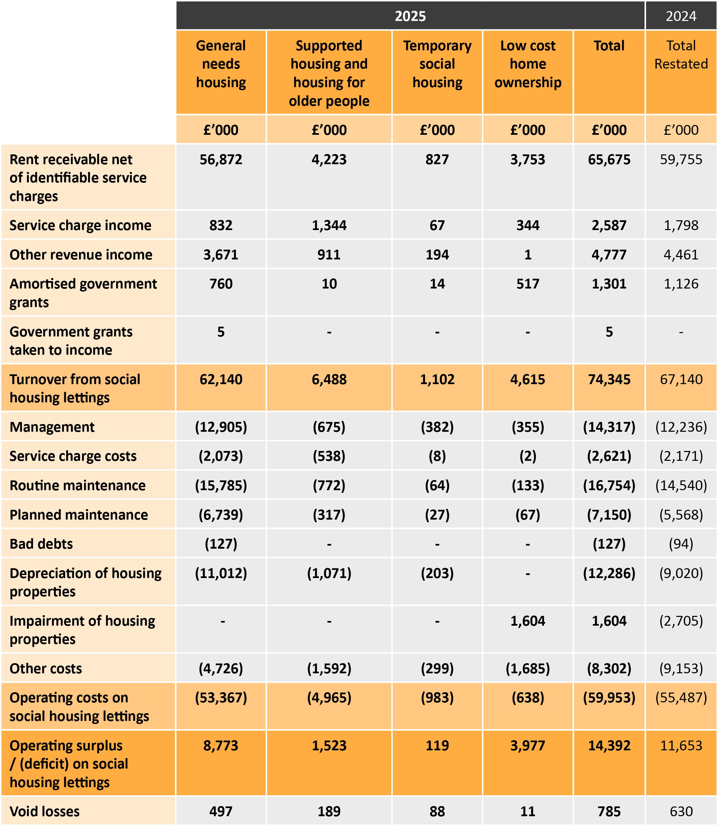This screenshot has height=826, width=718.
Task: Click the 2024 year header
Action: (681, 16)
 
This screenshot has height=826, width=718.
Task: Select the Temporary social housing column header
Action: (437, 64)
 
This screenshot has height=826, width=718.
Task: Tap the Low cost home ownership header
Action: (528, 64)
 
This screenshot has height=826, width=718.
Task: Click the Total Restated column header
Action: (681, 55)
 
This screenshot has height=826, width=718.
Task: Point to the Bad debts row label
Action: (41, 544)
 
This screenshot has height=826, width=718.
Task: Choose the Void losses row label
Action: (45, 811)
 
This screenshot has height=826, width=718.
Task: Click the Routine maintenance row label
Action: (78, 485)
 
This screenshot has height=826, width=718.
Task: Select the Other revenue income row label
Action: (81, 254)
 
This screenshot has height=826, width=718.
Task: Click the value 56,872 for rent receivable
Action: (221, 159)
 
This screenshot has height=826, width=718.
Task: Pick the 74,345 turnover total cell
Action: (609, 379)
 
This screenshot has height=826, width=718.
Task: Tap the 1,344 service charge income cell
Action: (329, 225)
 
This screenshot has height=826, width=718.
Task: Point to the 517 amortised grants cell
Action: (528, 284)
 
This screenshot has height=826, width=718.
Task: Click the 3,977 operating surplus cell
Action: (528, 746)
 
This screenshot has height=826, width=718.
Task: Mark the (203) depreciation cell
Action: (437, 573)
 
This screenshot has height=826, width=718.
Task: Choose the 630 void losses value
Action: (681, 811)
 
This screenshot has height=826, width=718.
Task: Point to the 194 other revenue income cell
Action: (437, 254)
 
